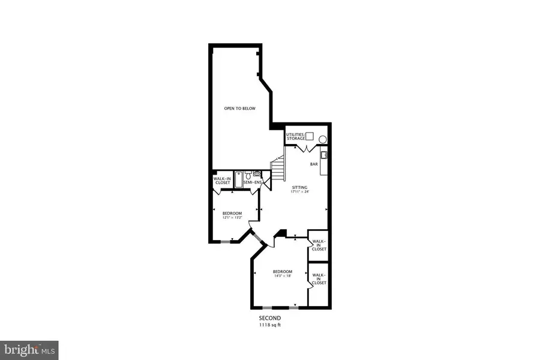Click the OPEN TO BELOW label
pyautogui.click(x=239, y=109)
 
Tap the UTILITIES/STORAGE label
pyautogui.click(x=295, y=137)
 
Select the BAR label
pyautogui.click(x=313, y=164)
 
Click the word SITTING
pyautogui.click(x=299, y=188)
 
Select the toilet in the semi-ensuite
pyautogui.click(x=247, y=174)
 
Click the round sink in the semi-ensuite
pyautogui.click(x=257, y=173)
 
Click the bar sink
pyautogui.click(x=324, y=155)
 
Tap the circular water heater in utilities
pyautogui.click(x=323, y=140)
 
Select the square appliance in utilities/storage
pyautogui.click(x=310, y=136)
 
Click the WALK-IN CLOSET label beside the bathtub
pyautogui.click(x=222, y=181)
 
